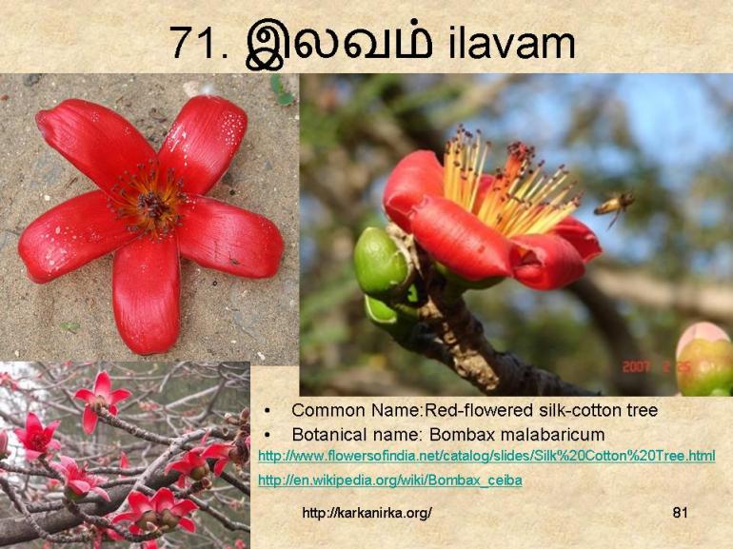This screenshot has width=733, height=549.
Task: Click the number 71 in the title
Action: click(x=193, y=43)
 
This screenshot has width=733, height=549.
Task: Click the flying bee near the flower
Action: click(x=614, y=204)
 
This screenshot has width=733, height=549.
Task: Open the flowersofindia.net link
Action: click(x=486, y=457)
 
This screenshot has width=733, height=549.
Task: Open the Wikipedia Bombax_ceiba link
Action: click(x=389, y=480)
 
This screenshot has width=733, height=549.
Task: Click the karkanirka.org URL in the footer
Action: click(x=366, y=513)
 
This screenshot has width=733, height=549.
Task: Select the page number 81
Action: click(x=680, y=513)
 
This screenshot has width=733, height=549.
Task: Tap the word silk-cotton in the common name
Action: click(x=563, y=410)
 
